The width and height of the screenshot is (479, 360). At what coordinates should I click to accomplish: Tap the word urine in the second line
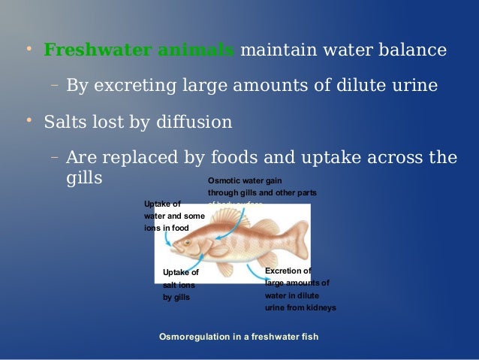[411, 85]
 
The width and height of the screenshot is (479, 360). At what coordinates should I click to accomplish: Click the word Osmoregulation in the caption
[194, 336]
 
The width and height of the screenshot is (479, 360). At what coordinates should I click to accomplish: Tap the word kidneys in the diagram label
[320, 307]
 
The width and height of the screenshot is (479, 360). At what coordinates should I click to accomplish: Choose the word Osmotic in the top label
[224, 181]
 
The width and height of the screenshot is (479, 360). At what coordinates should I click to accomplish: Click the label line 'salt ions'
[179, 285]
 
